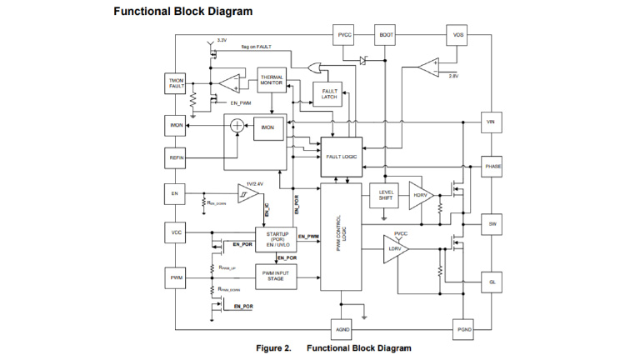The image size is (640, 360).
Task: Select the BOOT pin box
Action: coord(386,35)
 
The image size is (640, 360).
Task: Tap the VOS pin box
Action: coord(457,35)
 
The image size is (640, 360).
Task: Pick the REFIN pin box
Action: coord(177,157)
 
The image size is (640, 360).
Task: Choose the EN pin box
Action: coord(176,193)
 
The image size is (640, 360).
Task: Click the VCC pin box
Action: coord(176,232)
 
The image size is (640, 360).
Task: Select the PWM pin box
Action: coord(176,277)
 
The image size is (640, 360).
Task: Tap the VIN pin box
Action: coord(491,122)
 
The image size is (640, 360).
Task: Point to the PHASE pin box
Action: coord(492,167)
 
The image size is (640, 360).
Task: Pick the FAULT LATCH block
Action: coord(328,94)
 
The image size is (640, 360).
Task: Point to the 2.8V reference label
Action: coord(453,76)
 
